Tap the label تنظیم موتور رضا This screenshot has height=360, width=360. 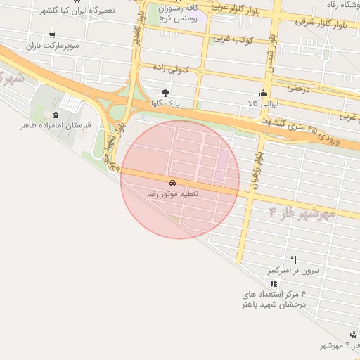pos(173,193)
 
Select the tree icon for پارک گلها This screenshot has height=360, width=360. pos(165,93)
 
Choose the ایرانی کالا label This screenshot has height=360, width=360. pos(260,103)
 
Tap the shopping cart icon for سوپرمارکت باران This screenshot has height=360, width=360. pos(53,35)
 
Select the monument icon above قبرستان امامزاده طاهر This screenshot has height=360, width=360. pos(56,115)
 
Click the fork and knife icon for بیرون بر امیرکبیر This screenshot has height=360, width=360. pos(294,259)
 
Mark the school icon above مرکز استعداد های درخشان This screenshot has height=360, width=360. pos(274,283)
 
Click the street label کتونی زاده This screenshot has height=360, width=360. pos(172,69)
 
